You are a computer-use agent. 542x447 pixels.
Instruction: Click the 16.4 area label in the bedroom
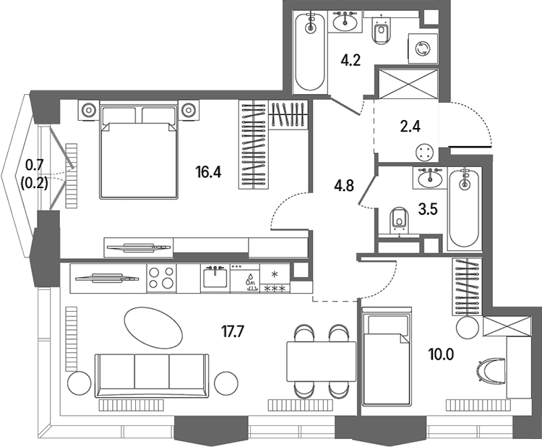(208, 172)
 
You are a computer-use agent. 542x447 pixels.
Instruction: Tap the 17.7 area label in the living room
(233, 332)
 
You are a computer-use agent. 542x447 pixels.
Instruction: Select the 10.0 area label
(441, 354)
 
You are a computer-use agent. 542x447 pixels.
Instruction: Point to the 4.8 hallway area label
(344, 186)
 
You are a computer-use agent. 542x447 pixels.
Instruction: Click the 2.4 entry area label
(410, 127)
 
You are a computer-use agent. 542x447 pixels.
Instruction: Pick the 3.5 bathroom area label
(428, 209)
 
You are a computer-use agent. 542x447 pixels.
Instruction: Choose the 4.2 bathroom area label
(350, 61)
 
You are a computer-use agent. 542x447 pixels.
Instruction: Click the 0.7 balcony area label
(35, 165)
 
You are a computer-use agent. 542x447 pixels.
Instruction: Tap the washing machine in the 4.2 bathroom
(423, 48)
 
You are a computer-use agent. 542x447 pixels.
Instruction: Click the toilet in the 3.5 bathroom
(400, 220)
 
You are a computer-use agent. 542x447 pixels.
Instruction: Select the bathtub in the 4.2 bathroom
(311, 52)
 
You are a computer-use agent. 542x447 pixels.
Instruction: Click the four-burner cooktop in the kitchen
(161, 278)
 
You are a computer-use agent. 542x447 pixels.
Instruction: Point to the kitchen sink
(215, 277)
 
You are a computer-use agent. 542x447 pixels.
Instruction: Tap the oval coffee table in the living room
(152, 327)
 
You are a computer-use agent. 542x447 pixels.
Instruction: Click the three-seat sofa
(152, 375)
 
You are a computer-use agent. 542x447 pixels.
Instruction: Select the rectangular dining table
(322, 362)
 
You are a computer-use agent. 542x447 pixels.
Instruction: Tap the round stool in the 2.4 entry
(424, 152)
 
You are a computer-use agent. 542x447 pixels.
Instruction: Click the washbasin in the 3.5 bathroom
(430, 179)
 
